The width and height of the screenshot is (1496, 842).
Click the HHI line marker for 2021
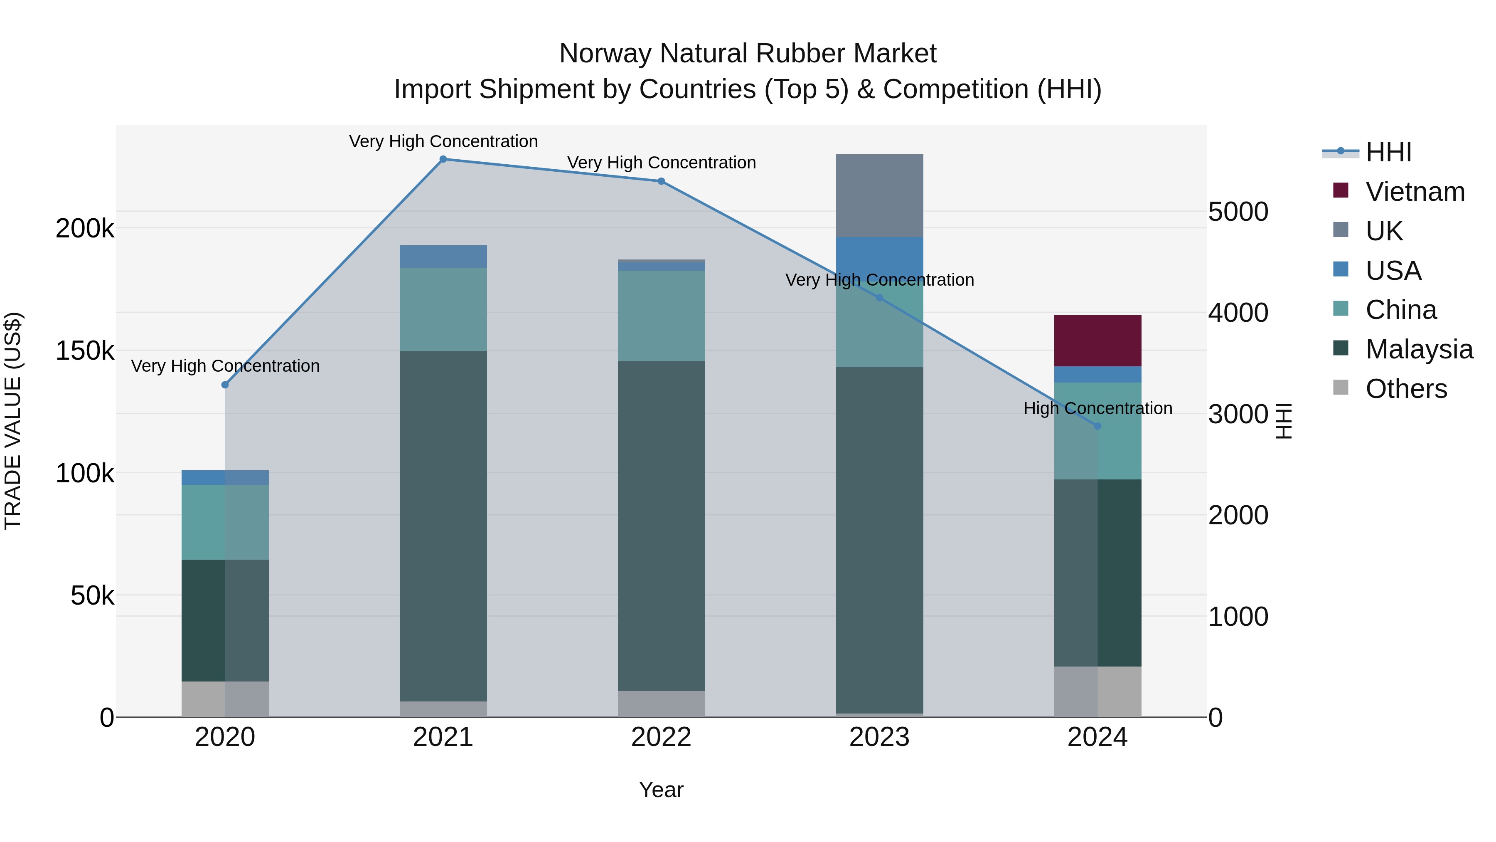(x=443, y=159)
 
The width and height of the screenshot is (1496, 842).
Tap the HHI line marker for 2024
(x=1097, y=426)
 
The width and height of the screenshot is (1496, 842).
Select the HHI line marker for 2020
(x=225, y=385)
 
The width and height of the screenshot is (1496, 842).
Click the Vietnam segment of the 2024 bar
(x=1097, y=341)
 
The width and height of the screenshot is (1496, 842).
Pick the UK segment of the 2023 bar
(x=879, y=195)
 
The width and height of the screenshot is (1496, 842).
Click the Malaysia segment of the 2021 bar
(x=443, y=526)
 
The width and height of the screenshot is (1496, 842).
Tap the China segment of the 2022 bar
(x=661, y=316)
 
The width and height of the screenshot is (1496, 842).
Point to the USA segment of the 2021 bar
(x=443, y=256)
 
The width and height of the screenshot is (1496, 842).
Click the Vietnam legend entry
(x=1415, y=192)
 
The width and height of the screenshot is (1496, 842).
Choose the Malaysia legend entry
(x=1419, y=349)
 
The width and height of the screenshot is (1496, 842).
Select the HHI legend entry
(x=1388, y=152)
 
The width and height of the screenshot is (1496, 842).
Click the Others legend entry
(x=1406, y=389)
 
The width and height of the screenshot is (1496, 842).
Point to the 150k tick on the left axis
(x=85, y=351)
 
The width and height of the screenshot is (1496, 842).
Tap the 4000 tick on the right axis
(x=1238, y=313)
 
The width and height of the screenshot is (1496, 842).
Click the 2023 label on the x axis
(x=879, y=737)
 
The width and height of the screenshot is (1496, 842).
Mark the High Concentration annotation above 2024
(x=1097, y=408)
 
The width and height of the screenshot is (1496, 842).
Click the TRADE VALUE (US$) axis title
(x=13, y=421)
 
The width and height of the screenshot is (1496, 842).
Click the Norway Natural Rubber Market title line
(x=748, y=54)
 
